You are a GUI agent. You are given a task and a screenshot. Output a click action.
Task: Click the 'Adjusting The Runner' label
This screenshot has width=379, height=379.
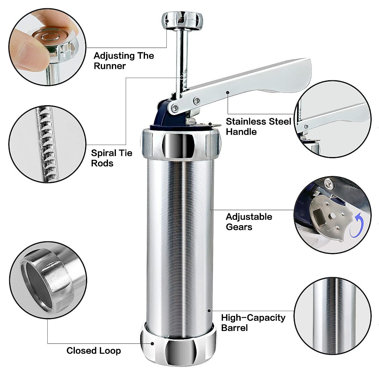click(x=123, y=61)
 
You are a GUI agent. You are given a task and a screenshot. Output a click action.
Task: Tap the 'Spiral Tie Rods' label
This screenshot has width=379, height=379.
click(x=111, y=158)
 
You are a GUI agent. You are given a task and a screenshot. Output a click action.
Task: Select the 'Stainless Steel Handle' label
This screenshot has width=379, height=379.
click(x=258, y=126)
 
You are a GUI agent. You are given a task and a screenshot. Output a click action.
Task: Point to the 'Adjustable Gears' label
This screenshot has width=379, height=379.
click(x=249, y=222)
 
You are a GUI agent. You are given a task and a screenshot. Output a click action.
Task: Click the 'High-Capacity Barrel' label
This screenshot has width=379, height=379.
click(x=253, y=322)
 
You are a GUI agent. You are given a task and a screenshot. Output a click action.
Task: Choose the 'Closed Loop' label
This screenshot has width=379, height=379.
click(x=93, y=351)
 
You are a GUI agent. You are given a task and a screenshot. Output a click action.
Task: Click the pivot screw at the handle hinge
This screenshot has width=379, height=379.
click(x=173, y=108)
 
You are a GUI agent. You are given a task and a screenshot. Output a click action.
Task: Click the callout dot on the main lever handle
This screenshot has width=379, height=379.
click(x=227, y=93)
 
